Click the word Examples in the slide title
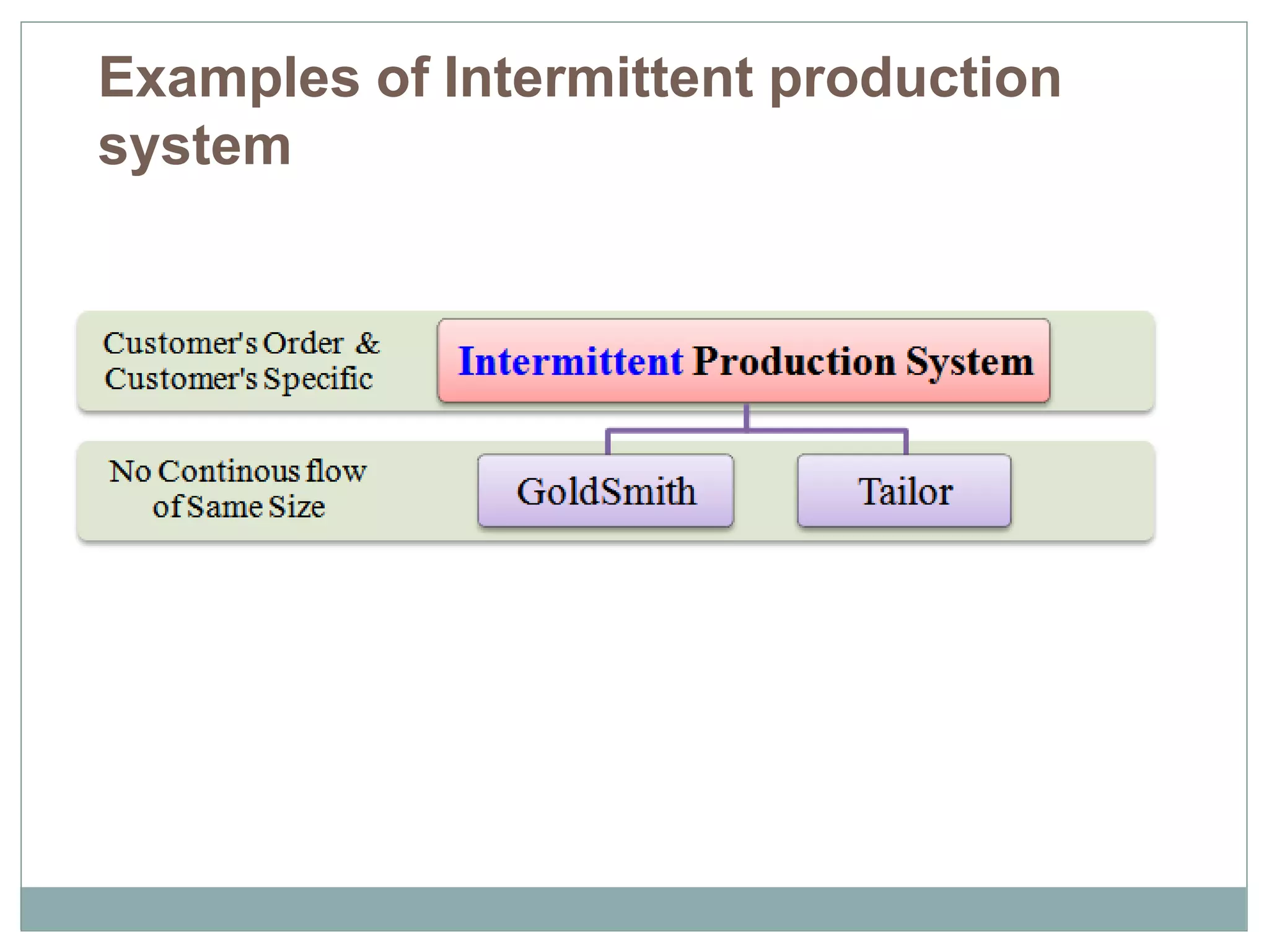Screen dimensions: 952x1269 229,79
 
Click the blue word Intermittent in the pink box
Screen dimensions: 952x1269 570,361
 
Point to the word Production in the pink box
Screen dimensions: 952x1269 794,361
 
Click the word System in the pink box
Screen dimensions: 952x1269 970,361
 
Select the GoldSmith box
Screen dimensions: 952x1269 606,491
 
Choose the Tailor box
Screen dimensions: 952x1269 905,491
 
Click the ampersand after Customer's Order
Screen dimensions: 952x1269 367,343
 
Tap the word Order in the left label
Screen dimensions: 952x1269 303,343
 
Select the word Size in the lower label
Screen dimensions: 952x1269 296,507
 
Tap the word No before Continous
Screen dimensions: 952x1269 130,472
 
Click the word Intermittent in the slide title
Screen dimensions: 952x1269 599,79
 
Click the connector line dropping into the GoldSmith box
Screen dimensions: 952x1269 608,443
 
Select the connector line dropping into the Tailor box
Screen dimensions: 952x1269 906,443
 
